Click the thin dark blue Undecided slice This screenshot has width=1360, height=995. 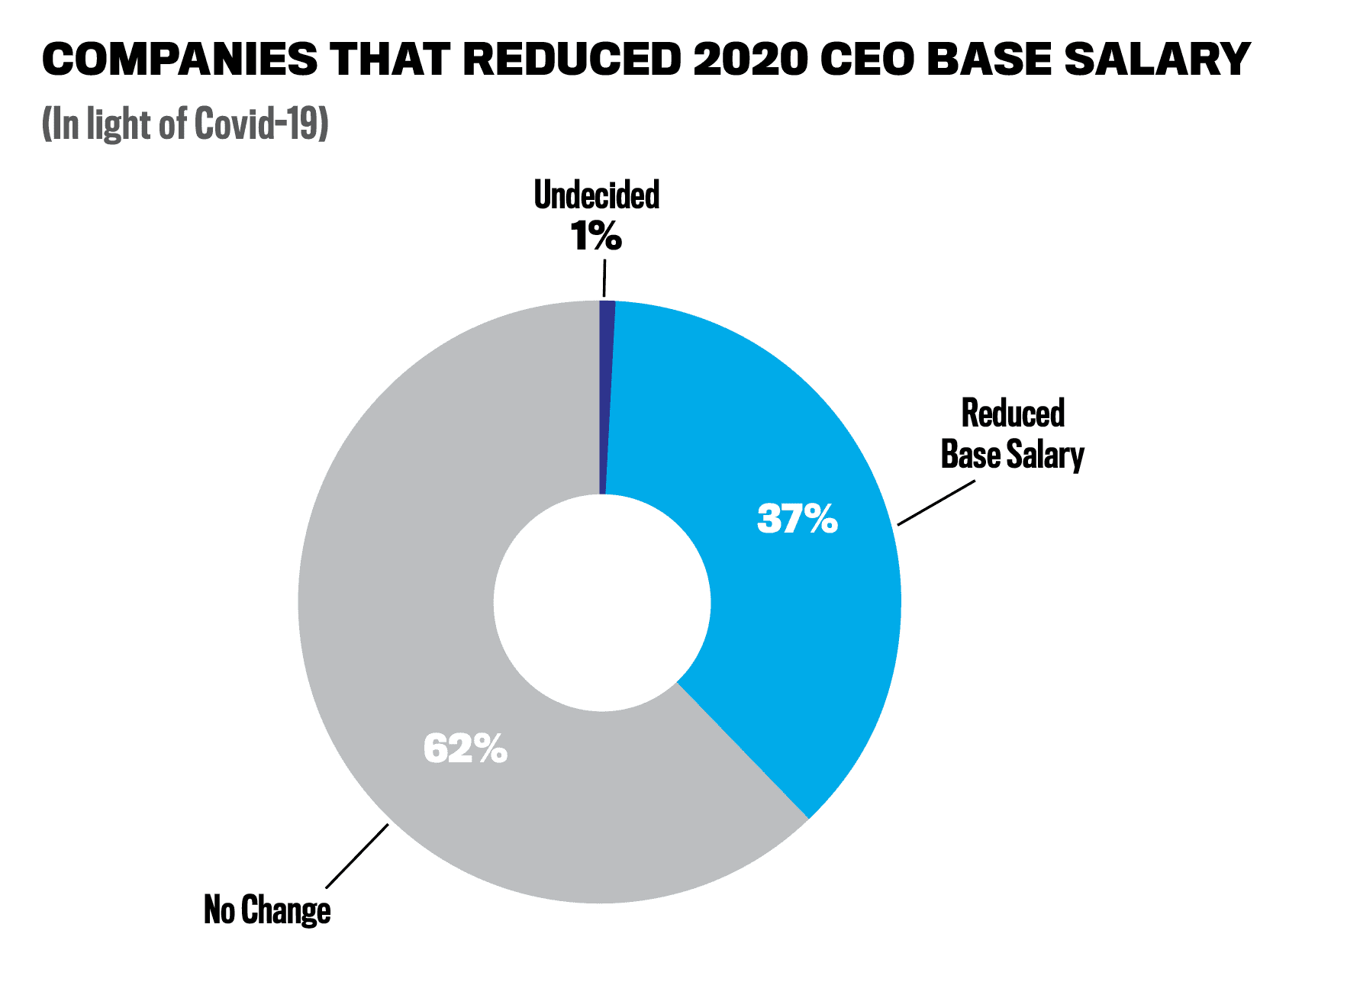click(x=606, y=397)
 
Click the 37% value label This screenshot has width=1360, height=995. click(x=798, y=519)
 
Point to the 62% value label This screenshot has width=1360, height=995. click(x=466, y=749)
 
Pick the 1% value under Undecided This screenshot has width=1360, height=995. click(x=596, y=236)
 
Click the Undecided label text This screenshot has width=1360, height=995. click(x=597, y=195)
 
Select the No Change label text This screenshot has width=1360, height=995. click(x=267, y=910)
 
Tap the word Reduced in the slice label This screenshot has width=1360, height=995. click(x=1013, y=414)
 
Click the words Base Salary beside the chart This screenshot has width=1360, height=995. click(x=1012, y=455)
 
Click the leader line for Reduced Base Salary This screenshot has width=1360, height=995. click(x=936, y=503)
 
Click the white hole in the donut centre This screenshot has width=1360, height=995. click(x=602, y=602)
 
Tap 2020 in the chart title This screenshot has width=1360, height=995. click(x=749, y=59)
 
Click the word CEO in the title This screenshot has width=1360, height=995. click(x=866, y=59)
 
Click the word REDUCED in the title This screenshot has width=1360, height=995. click(x=572, y=59)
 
